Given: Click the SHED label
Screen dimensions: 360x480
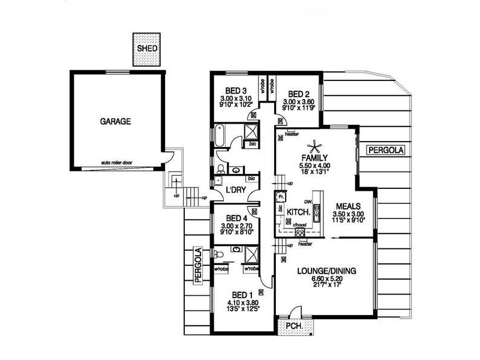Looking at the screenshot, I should [x=146, y=48].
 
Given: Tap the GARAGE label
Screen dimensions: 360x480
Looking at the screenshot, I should [x=115, y=121].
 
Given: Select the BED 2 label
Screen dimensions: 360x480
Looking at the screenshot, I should [x=298, y=94].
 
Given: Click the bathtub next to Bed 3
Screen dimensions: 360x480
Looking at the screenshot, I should [x=219, y=134].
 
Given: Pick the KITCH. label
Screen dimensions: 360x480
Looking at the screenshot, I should [x=298, y=213].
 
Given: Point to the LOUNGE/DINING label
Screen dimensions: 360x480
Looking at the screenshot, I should [x=326, y=271].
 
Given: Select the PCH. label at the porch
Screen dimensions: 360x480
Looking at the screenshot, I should [x=294, y=326].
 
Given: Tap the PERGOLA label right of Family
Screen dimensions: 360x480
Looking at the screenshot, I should [x=386, y=149].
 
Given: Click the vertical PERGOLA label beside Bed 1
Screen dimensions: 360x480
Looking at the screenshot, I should [x=196, y=265].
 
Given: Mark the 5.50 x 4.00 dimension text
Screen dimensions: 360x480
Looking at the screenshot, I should [x=316, y=165].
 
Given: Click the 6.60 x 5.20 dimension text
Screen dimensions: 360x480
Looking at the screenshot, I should [x=326, y=279].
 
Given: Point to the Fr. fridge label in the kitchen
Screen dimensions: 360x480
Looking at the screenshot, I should [x=280, y=196].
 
